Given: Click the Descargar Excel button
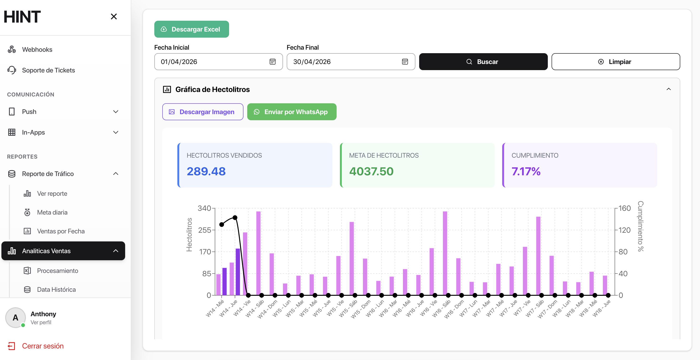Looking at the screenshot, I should click(191, 29).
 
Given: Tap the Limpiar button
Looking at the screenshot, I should click(616, 62).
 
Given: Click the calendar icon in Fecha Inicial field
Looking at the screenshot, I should click(272, 62).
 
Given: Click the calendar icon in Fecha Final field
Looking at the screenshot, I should click(405, 62).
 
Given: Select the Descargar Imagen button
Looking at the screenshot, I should click(203, 112).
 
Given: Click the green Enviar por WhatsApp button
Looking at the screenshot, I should click(292, 112).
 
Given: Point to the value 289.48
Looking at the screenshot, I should click(206, 171).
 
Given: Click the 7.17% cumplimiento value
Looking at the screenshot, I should click(526, 171).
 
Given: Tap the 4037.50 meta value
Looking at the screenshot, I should click(371, 171).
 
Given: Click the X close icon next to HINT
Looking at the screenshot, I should click(114, 16).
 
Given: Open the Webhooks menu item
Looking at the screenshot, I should click(37, 49).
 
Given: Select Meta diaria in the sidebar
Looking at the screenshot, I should click(52, 212).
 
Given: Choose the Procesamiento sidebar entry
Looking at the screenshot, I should click(57, 271).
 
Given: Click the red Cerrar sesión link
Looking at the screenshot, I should click(43, 346).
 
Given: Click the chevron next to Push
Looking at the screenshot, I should click(115, 112).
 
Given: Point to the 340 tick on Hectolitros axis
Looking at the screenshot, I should click(204, 208).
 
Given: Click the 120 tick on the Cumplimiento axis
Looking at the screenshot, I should click(624, 230).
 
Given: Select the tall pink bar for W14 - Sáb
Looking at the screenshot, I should click(258, 253).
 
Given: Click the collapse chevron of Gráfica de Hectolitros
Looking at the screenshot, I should click(668, 89).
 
